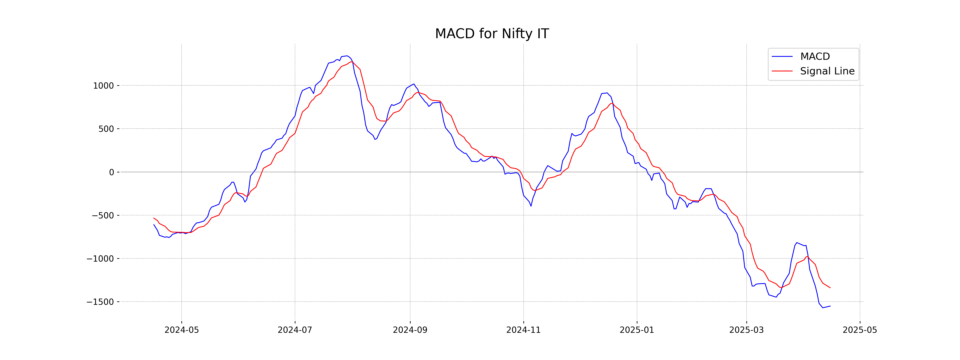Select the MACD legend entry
(x=815, y=57)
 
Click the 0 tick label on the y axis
(x=111, y=172)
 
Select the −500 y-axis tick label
(x=103, y=215)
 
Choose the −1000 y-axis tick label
(x=100, y=259)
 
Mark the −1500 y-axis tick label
(x=100, y=302)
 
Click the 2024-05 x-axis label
(x=181, y=330)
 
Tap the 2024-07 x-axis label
(x=295, y=330)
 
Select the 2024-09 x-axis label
(x=410, y=330)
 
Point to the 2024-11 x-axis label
(x=523, y=330)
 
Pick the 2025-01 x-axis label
(x=637, y=330)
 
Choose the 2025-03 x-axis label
(x=746, y=330)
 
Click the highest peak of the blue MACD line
(x=347, y=56)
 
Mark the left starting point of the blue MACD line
(x=154, y=224)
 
